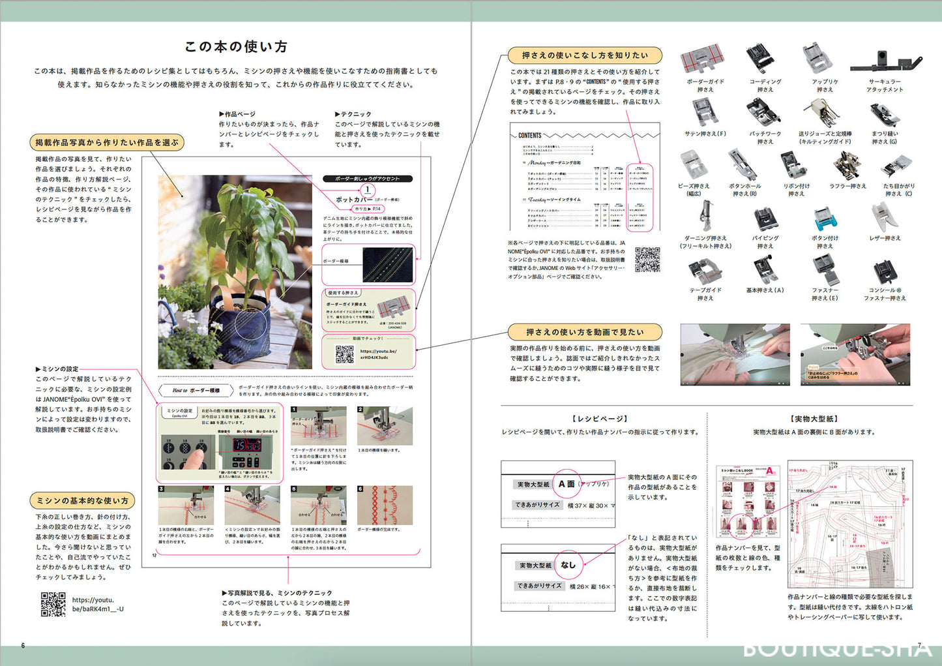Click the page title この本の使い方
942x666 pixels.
tap(236, 46)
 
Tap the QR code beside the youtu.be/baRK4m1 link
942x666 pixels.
tap(53, 604)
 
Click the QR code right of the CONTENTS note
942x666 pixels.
tap(647, 259)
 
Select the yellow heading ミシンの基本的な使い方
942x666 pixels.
tap(83, 500)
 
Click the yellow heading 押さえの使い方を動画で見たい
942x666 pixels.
tap(585, 331)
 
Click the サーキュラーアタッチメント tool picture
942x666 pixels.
tap(885, 62)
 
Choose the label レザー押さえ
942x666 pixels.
tap(885, 238)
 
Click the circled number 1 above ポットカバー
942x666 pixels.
tap(367, 190)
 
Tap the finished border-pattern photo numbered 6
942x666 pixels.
tap(385, 504)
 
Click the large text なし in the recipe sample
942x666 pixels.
tap(568, 565)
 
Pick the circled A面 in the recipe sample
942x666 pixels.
tap(566, 484)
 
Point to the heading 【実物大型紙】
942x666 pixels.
tap(814, 419)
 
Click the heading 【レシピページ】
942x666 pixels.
tap(599, 419)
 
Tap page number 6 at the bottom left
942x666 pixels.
tap(23, 646)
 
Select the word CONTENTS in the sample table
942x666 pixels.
tap(529, 136)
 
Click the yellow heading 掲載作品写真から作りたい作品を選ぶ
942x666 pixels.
tap(107, 142)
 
